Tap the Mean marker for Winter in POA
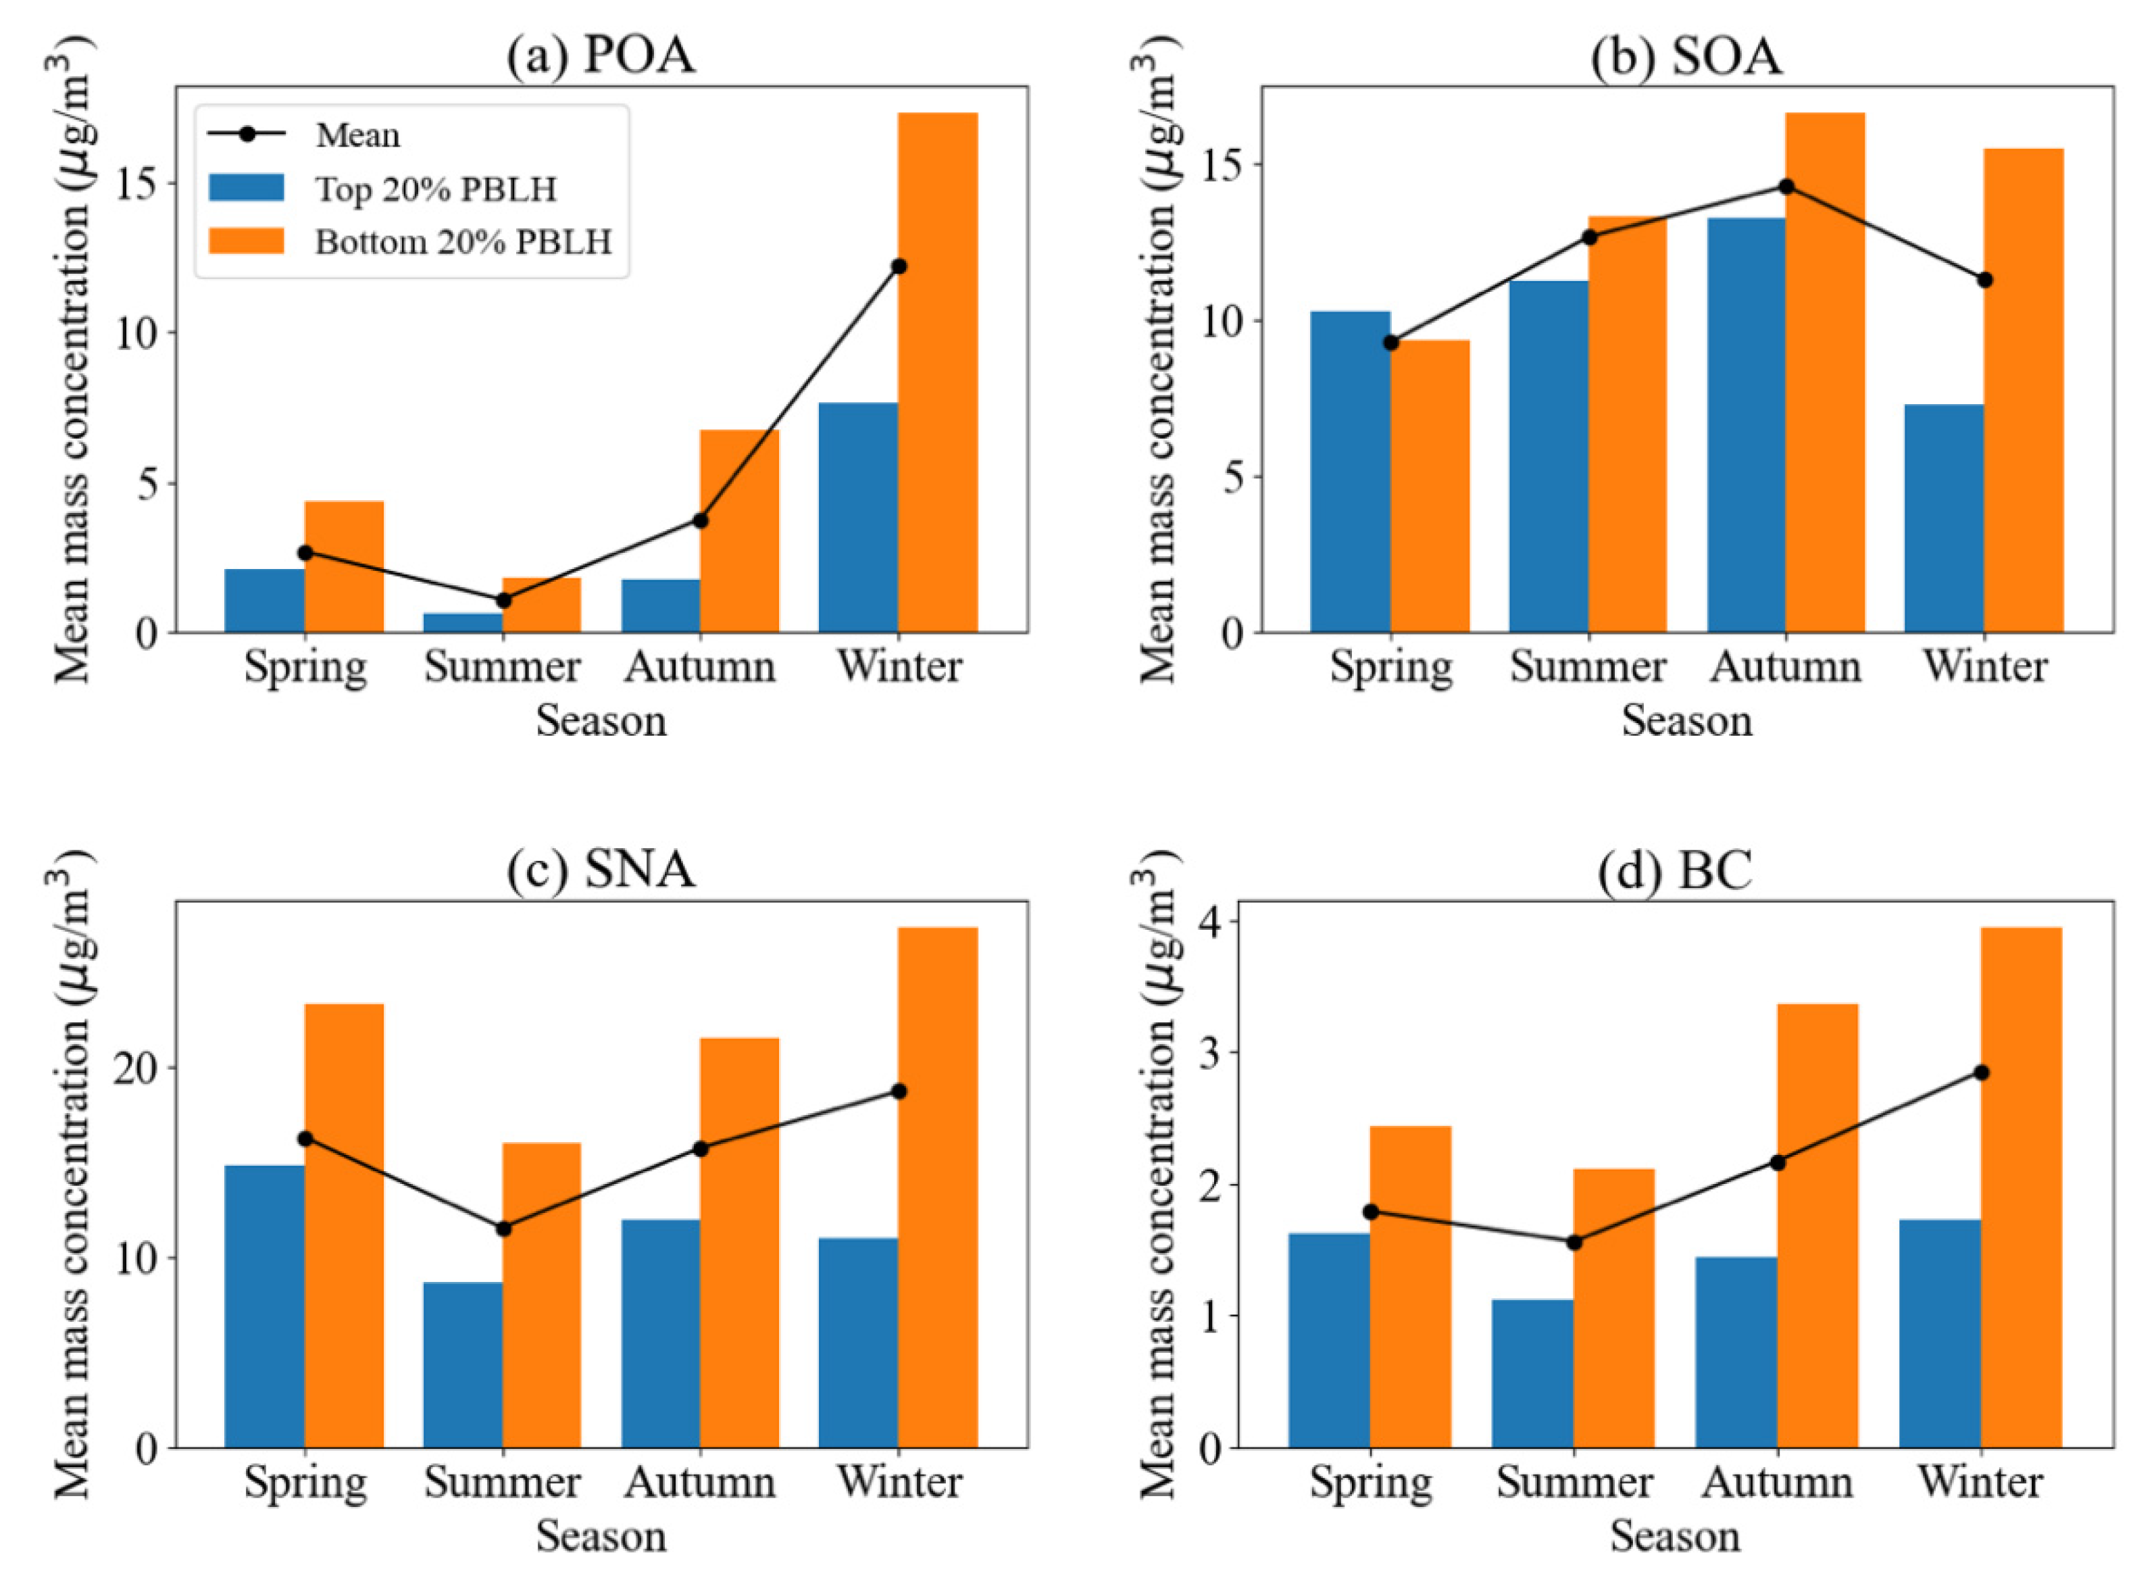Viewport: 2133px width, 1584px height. click(898, 266)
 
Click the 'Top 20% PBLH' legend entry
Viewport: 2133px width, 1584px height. click(434, 189)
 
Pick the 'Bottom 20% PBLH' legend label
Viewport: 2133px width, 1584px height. click(462, 243)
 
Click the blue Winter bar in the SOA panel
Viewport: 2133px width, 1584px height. click(1943, 518)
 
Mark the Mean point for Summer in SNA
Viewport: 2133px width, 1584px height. click(502, 1229)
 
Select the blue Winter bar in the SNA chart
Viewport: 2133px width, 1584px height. click(858, 1342)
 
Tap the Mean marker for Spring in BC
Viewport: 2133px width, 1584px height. click(1370, 1212)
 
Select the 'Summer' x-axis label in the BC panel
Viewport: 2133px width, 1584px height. click(1573, 1483)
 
